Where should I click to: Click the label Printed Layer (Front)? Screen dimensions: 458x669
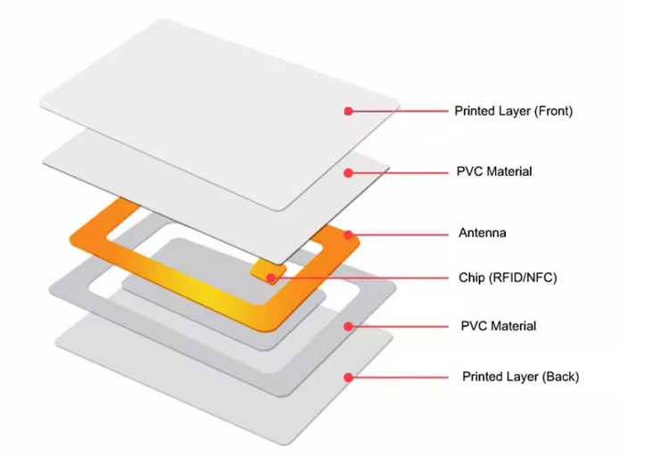pos(513,112)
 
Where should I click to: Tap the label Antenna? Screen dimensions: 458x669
pos(483,233)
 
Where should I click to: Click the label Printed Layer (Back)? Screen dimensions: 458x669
pos(520,376)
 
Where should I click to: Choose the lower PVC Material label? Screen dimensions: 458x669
pos(498,326)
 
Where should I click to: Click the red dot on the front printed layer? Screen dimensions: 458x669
pos(348,111)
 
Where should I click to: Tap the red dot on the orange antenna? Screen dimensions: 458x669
pos(350,235)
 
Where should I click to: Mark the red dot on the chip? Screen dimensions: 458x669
pos(268,279)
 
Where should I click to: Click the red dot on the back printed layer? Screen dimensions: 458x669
pos(348,377)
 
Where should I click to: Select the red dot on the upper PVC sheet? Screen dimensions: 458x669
pos(348,171)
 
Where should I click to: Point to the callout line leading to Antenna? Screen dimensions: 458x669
pos(401,235)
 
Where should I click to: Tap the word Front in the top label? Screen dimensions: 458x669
pos(551,112)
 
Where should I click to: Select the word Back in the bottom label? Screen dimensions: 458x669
pos(558,376)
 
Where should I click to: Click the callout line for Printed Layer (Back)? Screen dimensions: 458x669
pos(401,377)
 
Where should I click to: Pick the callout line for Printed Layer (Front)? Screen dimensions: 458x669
pos(401,111)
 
